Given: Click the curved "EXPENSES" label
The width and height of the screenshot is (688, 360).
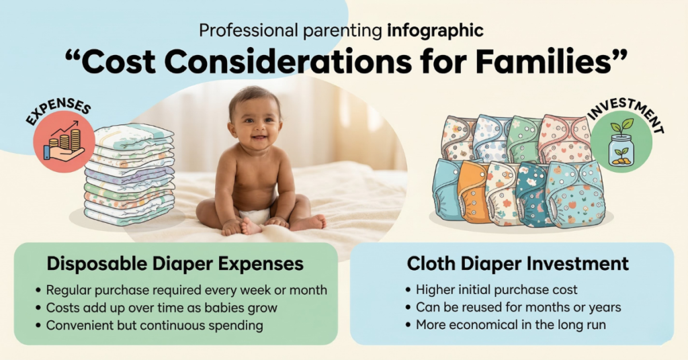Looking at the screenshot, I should point(58,112).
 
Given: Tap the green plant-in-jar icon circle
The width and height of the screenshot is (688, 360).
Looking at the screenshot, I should point(621,142).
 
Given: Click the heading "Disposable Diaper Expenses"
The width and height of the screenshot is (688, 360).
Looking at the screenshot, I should point(175,264).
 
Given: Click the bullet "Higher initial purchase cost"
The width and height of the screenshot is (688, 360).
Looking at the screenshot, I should point(497,290).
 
